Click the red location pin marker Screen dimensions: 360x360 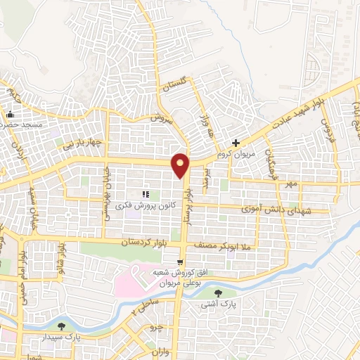tap(181, 165)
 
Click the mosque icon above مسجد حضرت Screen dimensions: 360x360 tap(10, 115)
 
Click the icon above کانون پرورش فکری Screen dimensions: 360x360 tap(146, 194)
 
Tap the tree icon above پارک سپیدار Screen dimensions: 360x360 tap(62, 326)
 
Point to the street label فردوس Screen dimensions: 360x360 tap(326, 131)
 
